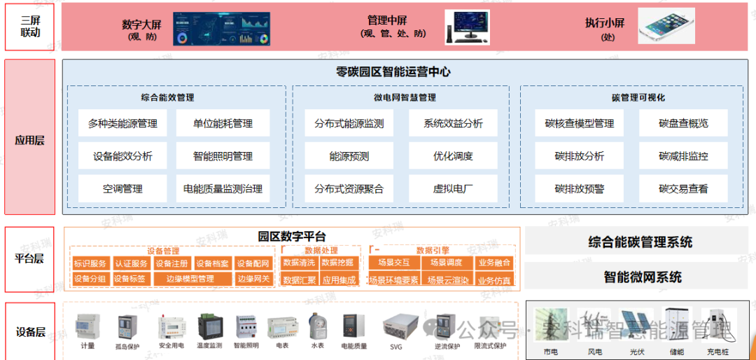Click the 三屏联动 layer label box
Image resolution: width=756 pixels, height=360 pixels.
click(29, 27)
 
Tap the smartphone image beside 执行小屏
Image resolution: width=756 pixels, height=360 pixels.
click(666, 26)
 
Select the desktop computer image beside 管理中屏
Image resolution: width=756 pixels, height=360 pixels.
click(468, 27)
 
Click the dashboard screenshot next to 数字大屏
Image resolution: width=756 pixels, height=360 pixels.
click(222, 26)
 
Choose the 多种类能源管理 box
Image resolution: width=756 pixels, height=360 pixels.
click(122, 123)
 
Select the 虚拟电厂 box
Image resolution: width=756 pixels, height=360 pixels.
click(453, 188)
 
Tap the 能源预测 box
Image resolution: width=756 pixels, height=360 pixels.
click(349, 156)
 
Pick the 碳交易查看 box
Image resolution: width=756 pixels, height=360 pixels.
click(683, 188)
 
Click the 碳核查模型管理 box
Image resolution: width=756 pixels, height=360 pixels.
click(579, 123)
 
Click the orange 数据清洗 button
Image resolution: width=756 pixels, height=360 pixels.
click(299, 263)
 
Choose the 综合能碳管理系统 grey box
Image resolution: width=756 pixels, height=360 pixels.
click(640, 242)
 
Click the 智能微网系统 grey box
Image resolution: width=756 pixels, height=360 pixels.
click(640, 277)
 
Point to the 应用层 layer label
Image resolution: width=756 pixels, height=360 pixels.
click(29, 140)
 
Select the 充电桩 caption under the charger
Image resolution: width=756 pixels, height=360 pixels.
click(717, 351)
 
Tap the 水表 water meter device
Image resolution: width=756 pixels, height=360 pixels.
click(317, 326)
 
